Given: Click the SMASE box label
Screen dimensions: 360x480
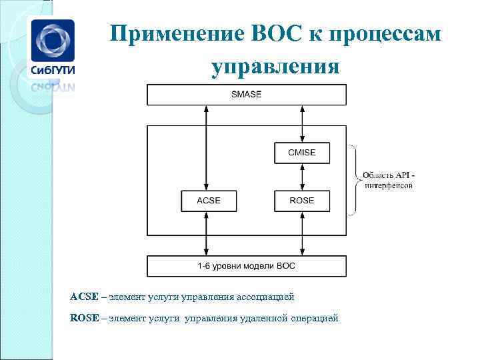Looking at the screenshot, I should point(246,95).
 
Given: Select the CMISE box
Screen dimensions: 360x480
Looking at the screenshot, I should point(301,153).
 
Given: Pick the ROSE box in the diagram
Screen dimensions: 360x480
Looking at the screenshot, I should point(301,200).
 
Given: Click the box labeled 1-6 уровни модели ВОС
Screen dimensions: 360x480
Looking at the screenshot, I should point(246,266).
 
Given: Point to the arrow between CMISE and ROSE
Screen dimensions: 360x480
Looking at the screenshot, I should point(302,177).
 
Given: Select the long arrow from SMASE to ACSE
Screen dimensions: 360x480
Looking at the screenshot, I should point(207,147).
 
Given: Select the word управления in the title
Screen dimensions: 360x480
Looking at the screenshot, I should point(275,66).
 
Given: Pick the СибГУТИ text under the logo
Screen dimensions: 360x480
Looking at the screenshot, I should point(51,70).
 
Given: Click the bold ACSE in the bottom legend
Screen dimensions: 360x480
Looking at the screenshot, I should point(84,296).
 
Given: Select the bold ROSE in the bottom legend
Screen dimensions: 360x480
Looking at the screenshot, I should point(84,319).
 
